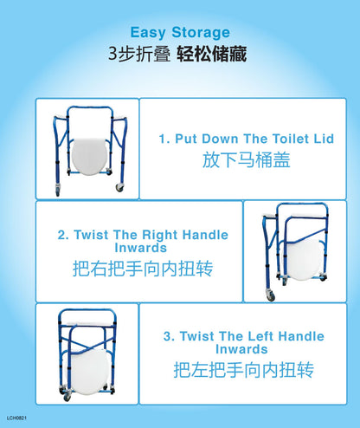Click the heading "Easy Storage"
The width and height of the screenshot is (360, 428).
pyautogui.click(x=180, y=32)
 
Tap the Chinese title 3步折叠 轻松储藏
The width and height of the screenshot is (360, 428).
pyautogui.click(x=177, y=54)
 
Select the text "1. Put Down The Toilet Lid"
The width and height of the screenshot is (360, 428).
pyautogui.click(x=247, y=139)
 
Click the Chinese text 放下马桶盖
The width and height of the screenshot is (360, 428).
pyautogui.click(x=246, y=159)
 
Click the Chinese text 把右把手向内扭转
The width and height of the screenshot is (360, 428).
pyautogui.click(x=143, y=269)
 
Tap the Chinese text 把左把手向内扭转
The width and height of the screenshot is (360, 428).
pyautogui.click(x=244, y=370)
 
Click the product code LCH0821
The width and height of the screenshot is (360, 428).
pyautogui.click(x=16, y=418)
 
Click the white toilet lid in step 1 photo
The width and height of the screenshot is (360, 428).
pyautogui.click(x=89, y=156)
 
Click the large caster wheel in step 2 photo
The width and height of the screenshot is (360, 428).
pyautogui.click(x=271, y=295)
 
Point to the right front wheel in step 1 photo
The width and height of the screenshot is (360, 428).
pyautogui.click(x=119, y=187)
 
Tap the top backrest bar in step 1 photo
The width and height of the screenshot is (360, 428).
pyautogui.click(x=89, y=108)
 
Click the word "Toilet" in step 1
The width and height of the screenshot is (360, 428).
pyautogui.click(x=291, y=139)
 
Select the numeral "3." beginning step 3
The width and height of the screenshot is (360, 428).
pyautogui.click(x=170, y=336)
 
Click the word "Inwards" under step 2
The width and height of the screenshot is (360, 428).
pyautogui.click(x=141, y=248)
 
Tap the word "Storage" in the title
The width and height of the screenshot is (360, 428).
pyautogui.click(x=201, y=32)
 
